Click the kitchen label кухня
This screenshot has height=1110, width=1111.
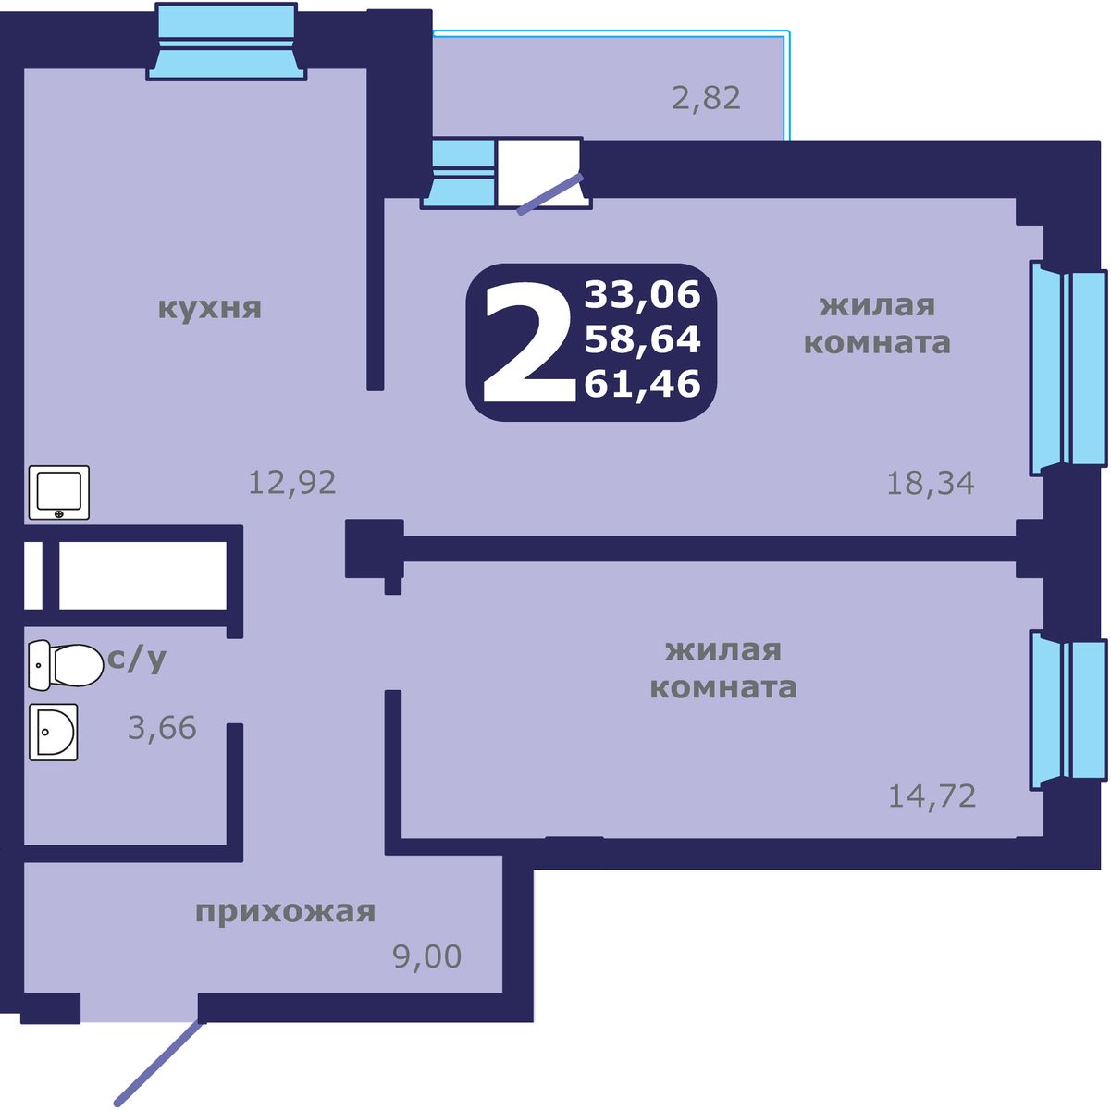(210, 308)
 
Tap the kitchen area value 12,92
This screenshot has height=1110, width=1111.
(291, 482)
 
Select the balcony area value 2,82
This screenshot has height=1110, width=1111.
(706, 97)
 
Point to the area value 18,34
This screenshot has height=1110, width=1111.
(930, 483)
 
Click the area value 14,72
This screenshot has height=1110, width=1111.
(932, 795)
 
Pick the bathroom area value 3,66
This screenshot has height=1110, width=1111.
(162, 728)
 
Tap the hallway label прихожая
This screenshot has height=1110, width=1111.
(285, 912)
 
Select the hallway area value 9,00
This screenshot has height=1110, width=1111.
(426, 956)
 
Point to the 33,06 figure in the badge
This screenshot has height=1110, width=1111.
(642, 295)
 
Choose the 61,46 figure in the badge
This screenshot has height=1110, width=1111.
(642, 383)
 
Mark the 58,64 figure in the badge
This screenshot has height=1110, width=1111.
(642, 339)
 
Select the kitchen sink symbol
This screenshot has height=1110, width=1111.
(59, 492)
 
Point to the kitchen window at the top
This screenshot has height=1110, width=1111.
(227, 42)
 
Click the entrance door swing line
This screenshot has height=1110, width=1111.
(157, 1063)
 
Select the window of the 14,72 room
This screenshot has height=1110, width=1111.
(1068, 709)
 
